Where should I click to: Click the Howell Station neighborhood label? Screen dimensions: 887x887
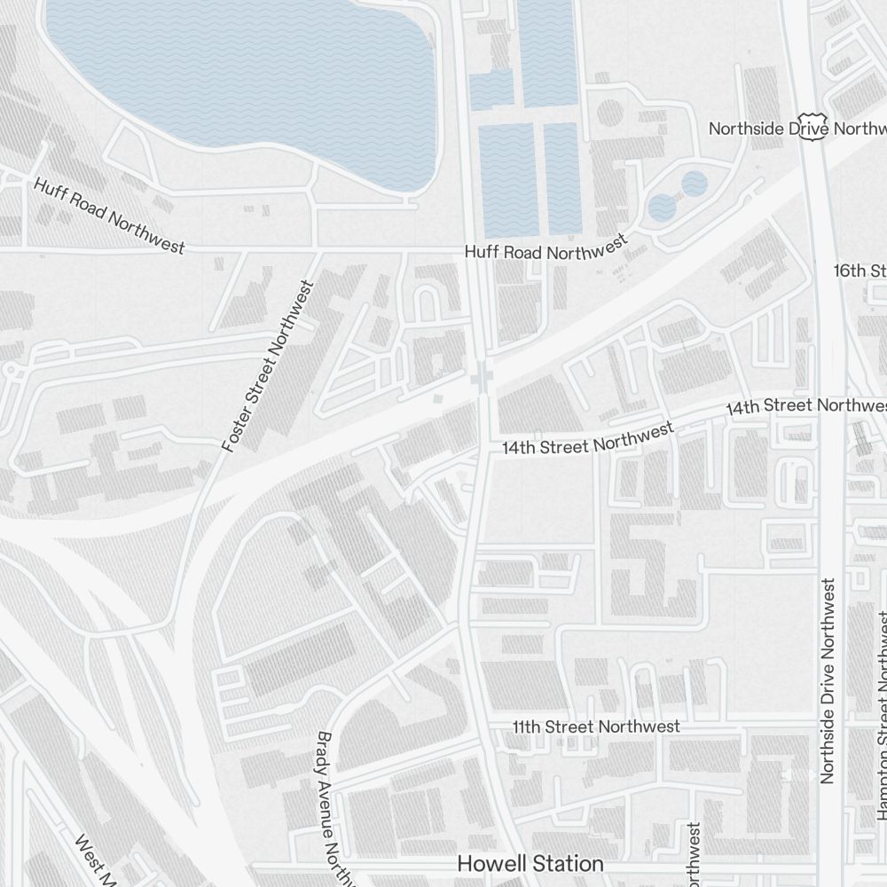pos(530,863)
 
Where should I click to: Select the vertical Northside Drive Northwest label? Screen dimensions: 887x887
pos(828,680)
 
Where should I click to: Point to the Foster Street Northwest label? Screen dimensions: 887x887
pos(268,366)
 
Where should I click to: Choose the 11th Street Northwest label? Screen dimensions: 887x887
pos(596,726)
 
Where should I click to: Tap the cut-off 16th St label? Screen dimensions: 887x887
pos(860,270)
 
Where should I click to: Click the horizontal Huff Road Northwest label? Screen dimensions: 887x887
pos(546,249)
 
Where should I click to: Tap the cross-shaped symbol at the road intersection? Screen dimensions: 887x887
pos(482,380)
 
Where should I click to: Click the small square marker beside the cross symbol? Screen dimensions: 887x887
pos(437,401)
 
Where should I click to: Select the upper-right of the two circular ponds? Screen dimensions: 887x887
pos(695,184)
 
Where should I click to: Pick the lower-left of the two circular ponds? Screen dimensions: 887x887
pos(662,208)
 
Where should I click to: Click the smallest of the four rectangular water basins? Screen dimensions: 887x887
pos(491,89)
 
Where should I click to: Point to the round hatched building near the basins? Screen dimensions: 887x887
pos(609,113)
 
